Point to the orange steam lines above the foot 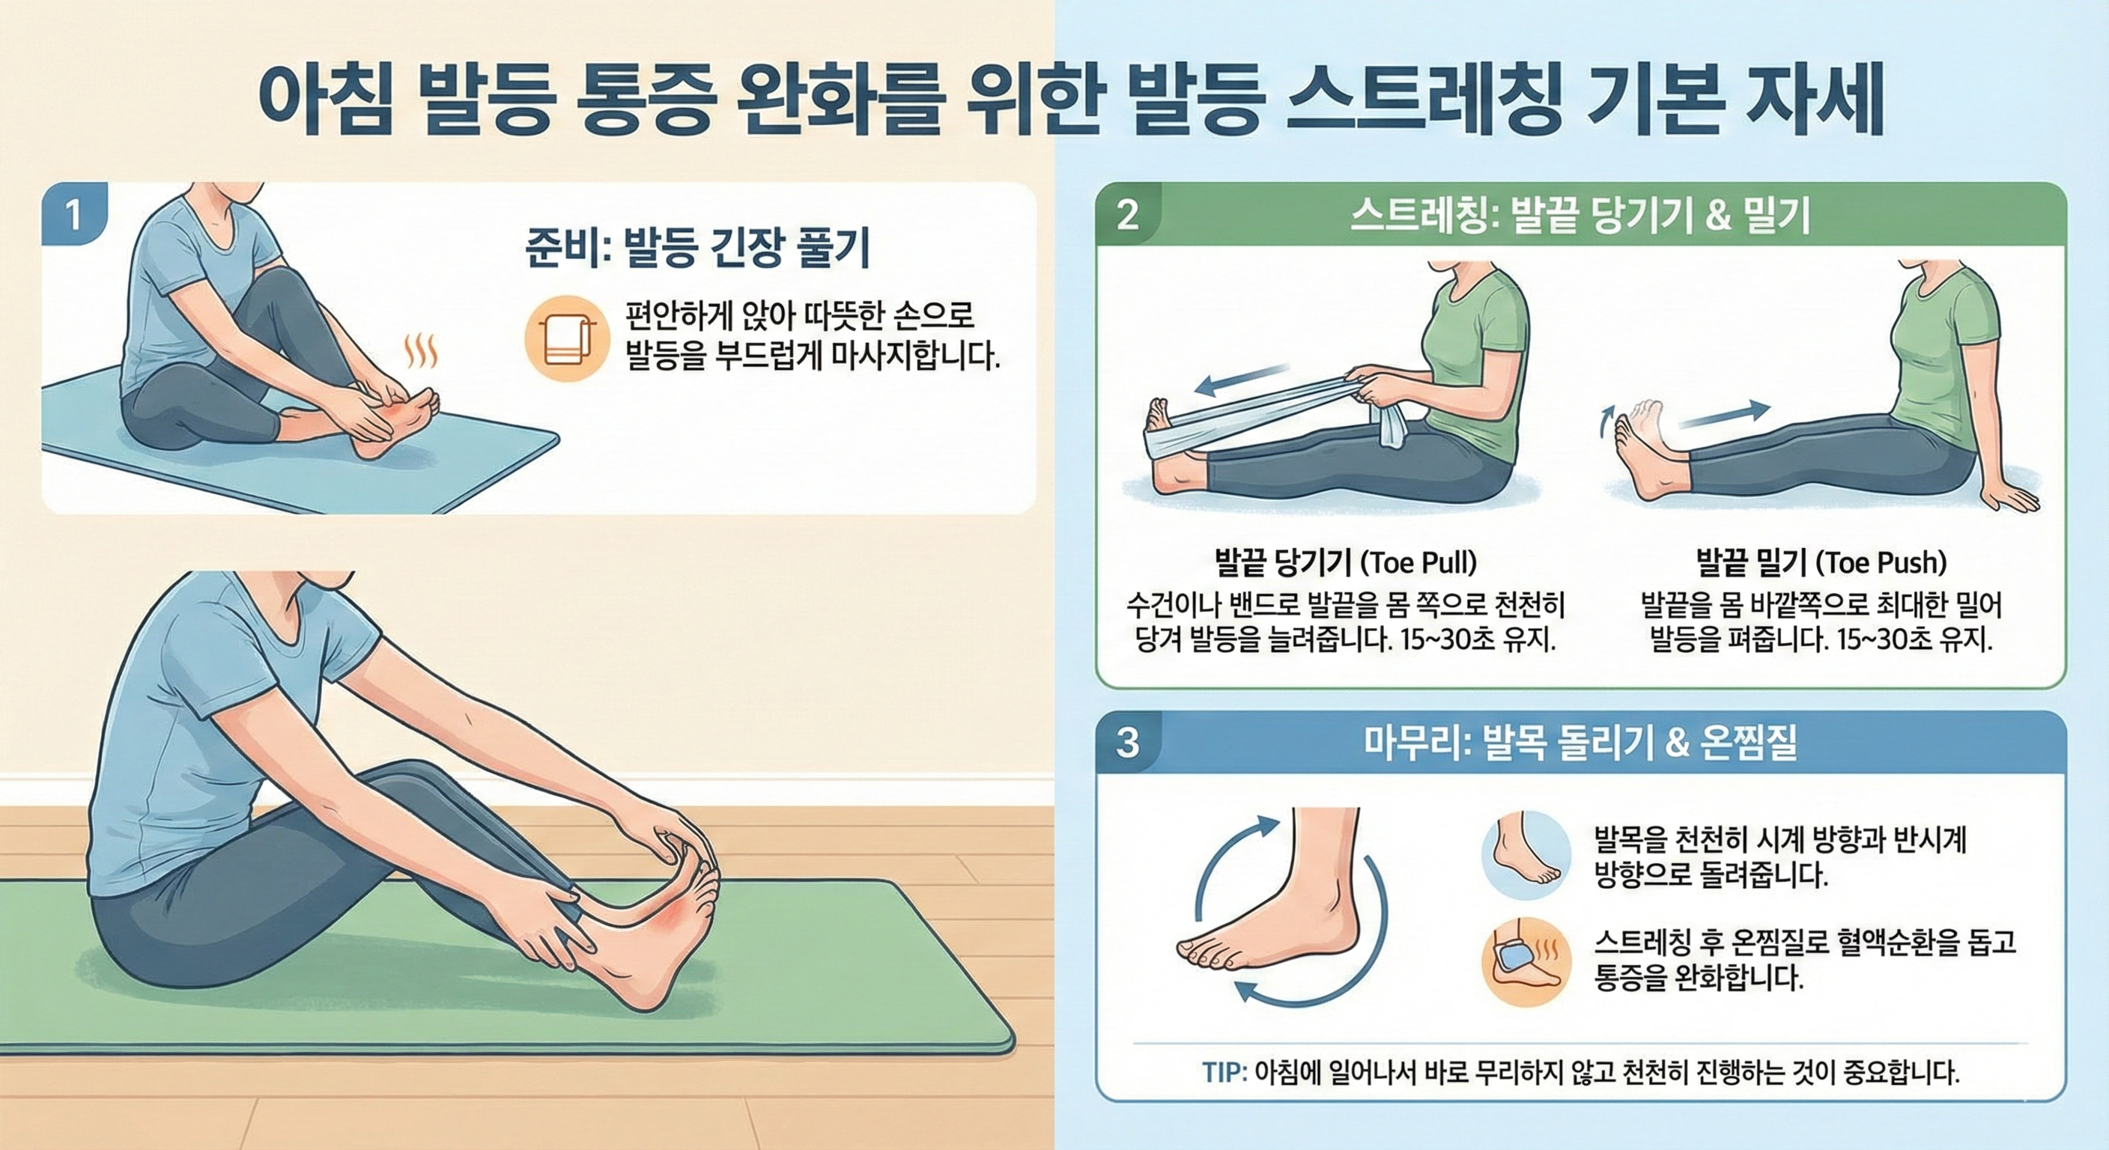(422, 352)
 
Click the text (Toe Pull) (1418, 562)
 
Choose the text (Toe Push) (1881, 562)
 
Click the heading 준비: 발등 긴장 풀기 (697, 248)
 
